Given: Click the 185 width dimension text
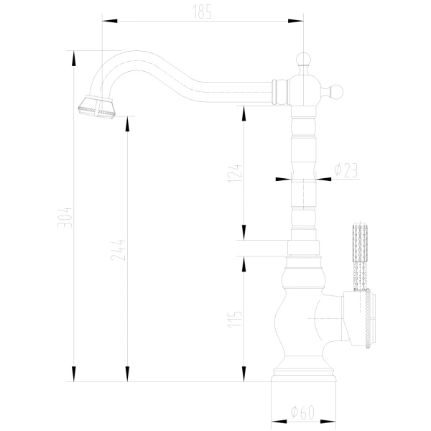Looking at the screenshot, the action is (x=202, y=12).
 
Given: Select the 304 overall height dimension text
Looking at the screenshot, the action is (x=65, y=217).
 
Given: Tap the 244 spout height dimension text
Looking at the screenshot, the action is (x=119, y=250).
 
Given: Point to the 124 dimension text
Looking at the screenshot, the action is (x=235, y=174).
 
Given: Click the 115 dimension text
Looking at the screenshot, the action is (x=235, y=319).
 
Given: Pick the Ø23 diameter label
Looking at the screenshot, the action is (x=346, y=170).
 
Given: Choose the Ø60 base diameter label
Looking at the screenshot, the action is (x=302, y=412).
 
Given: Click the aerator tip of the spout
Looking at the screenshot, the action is (x=97, y=107).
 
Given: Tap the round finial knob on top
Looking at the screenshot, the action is (x=303, y=60).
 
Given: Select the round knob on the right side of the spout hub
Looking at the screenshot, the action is (x=335, y=92).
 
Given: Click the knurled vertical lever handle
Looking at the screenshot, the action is (x=360, y=257).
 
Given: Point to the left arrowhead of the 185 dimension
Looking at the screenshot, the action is (x=110, y=21).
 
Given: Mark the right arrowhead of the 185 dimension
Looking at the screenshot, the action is (x=296, y=21).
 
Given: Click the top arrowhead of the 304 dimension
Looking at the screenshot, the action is (x=74, y=59).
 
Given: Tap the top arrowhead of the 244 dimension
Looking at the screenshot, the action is (x=127, y=124).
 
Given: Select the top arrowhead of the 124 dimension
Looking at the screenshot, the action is (x=244, y=113).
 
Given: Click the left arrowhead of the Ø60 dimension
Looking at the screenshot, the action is (x=279, y=422).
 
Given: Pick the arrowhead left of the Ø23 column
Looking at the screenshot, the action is (x=283, y=179).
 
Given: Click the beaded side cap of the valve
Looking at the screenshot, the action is (x=368, y=318).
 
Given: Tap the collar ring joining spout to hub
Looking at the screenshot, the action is (x=280, y=92).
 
